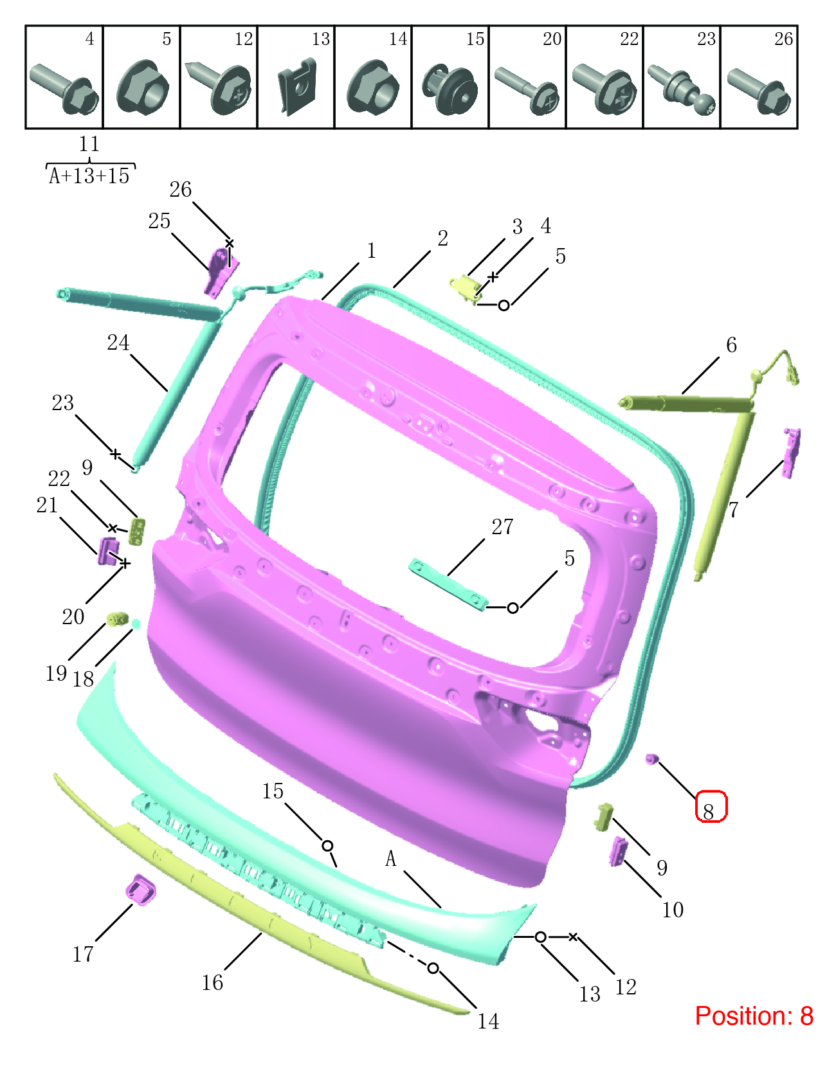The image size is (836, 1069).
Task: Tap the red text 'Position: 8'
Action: click(754, 1016)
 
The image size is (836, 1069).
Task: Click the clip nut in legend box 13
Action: click(296, 87)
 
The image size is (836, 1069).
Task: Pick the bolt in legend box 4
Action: click(64, 89)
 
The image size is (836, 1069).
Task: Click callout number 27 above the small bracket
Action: click(502, 527)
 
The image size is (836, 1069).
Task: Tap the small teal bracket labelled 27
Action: click(448, 584)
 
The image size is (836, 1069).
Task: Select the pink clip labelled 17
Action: click(141, 890)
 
